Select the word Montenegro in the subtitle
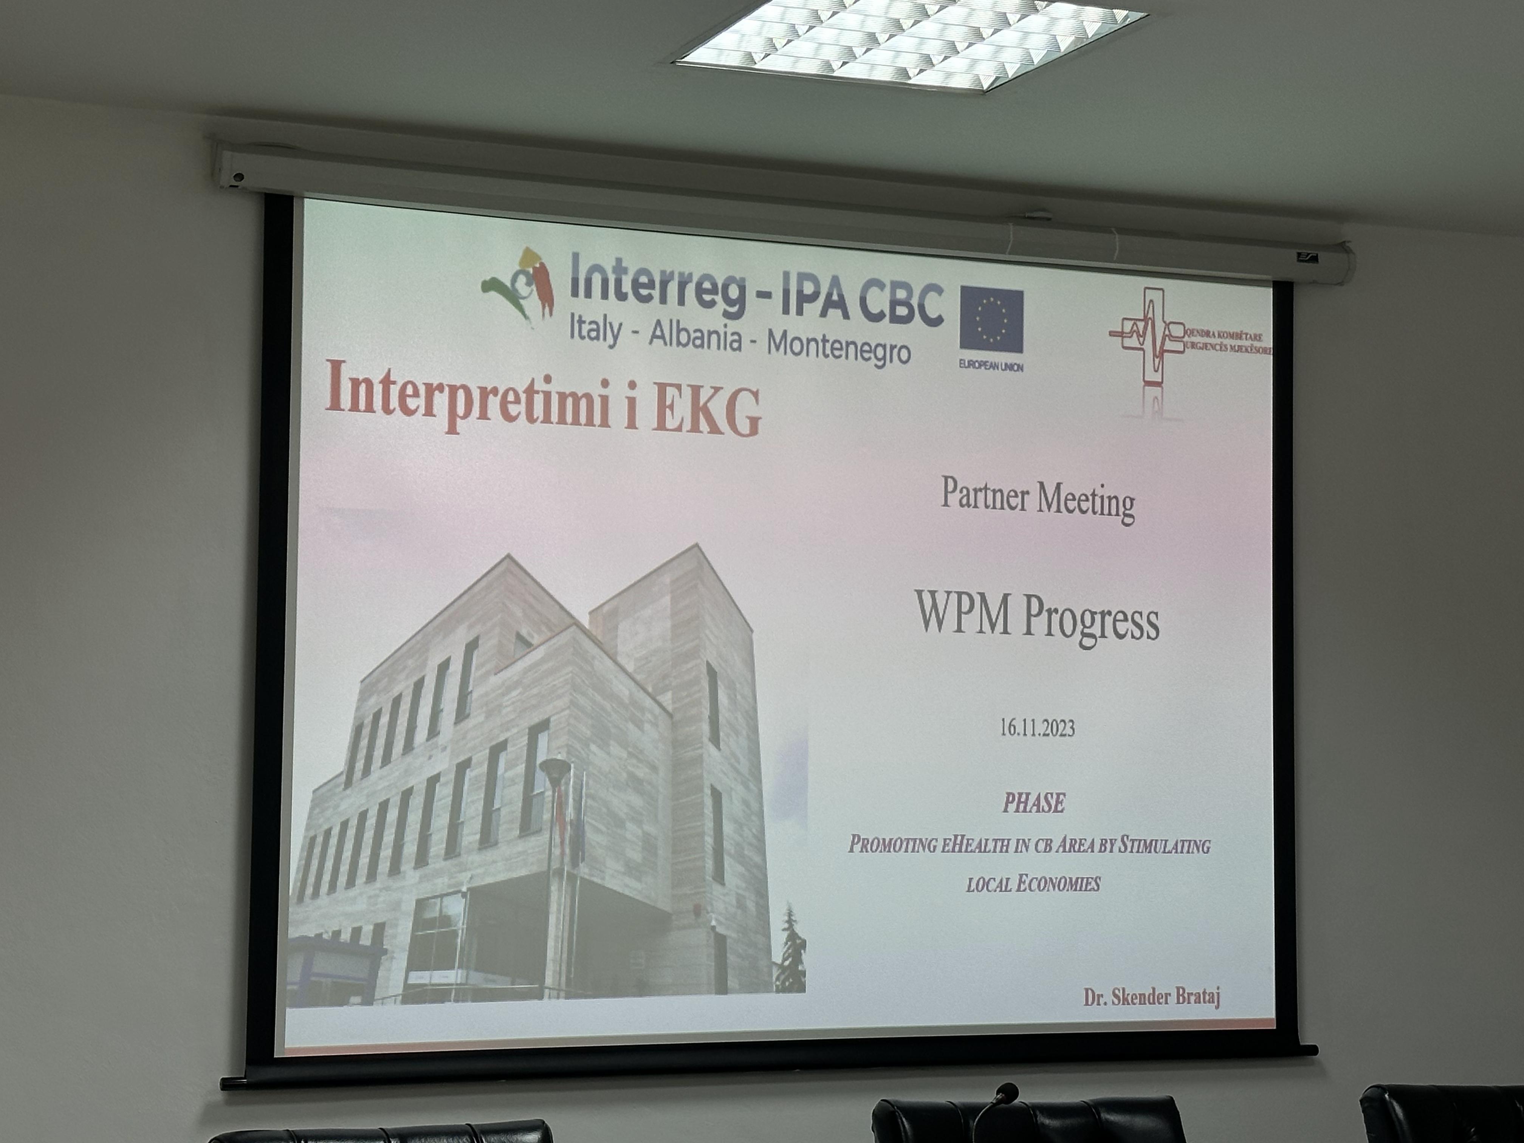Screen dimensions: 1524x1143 838,347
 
